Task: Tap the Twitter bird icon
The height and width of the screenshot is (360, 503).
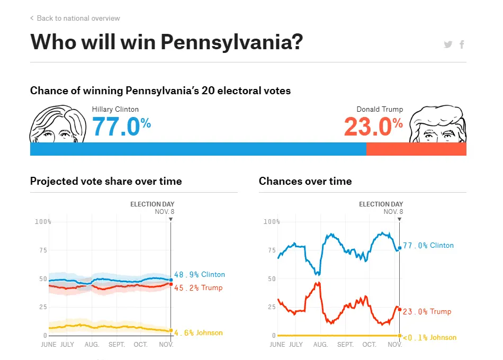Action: click(448, 44)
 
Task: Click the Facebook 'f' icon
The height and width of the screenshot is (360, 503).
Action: click(462, 44)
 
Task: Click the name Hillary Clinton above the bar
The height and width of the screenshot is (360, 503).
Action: click(115, 109)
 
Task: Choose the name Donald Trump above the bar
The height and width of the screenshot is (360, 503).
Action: click(380, 109)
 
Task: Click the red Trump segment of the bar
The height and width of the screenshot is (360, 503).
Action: click(416, 149)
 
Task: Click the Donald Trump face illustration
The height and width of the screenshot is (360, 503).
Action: click(438, 125)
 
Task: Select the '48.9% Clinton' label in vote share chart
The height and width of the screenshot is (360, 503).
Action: click(200, 275)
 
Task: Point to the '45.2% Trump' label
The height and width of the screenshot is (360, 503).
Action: click(199, 288)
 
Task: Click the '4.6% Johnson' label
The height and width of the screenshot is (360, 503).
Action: click(199, 333)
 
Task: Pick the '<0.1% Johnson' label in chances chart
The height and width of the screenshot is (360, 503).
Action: click(429, 338)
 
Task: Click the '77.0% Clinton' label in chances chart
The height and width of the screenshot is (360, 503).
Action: click(428, 246)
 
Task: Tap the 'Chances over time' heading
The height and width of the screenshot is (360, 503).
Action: click(305, 181)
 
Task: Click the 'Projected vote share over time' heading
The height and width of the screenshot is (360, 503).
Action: click(106, 181)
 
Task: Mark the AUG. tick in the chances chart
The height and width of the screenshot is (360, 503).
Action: click(320, 345)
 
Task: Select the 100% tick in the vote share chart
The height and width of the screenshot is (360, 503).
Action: click(43, 221)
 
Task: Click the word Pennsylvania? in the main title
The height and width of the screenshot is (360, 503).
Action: click(231, 42)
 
